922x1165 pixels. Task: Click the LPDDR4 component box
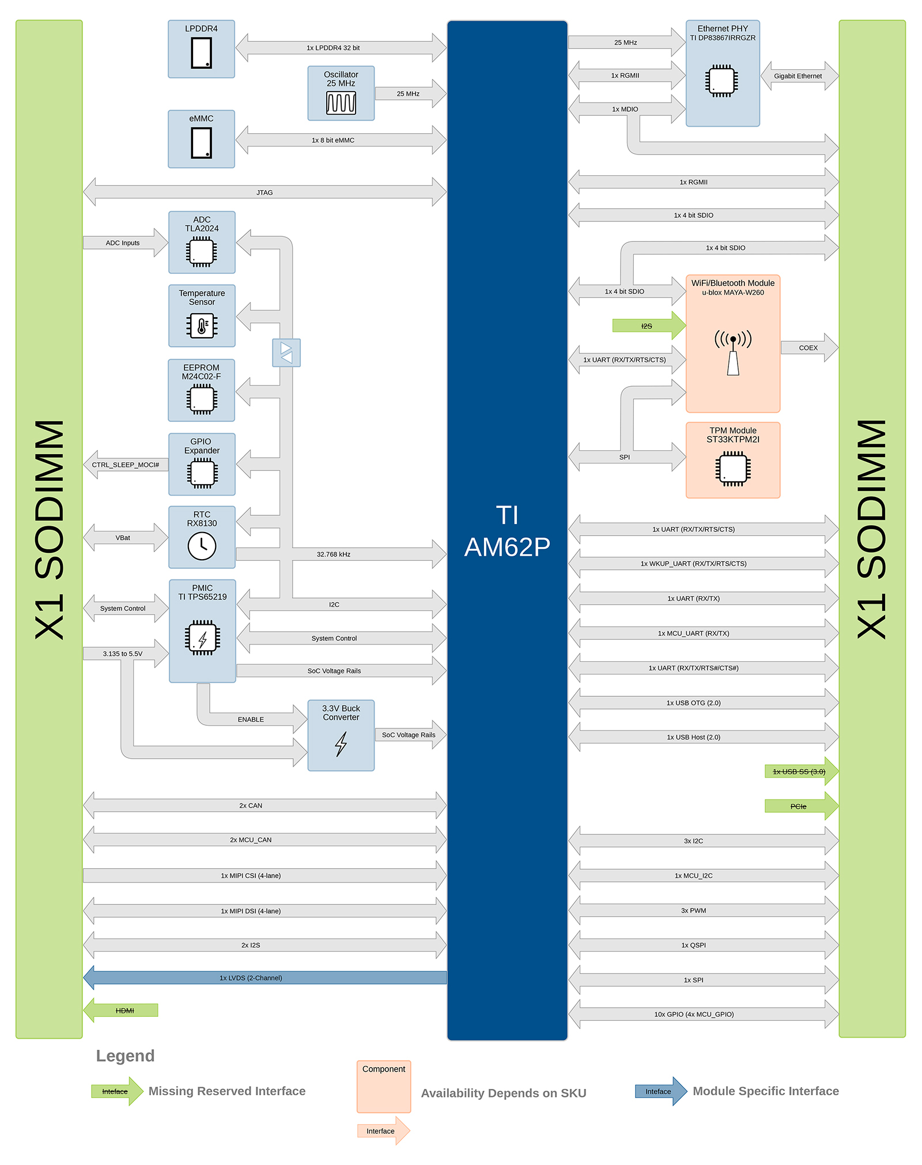coord(201,49)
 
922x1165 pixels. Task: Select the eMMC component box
coord(201,139)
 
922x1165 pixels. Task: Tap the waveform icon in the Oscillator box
coord(341,103)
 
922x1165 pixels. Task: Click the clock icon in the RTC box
coord(202,545)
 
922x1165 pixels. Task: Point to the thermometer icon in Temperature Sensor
coord(202,326)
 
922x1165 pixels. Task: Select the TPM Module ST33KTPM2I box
coord(732,460)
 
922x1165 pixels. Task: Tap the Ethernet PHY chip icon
coord(721,81)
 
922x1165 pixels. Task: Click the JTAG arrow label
coord(264,193)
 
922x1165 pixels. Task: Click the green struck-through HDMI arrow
coord(124,1011)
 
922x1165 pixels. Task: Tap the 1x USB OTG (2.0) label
coord(693,703)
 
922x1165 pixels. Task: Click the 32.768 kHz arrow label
coord(333,555)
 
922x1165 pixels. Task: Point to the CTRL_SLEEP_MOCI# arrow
coord(126,465)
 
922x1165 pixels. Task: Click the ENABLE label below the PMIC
coord(251,719)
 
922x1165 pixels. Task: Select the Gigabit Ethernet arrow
coord(798,76)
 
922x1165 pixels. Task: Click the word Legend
coord(125,1056)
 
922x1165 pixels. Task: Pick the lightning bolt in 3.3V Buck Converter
coord(341,744)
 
